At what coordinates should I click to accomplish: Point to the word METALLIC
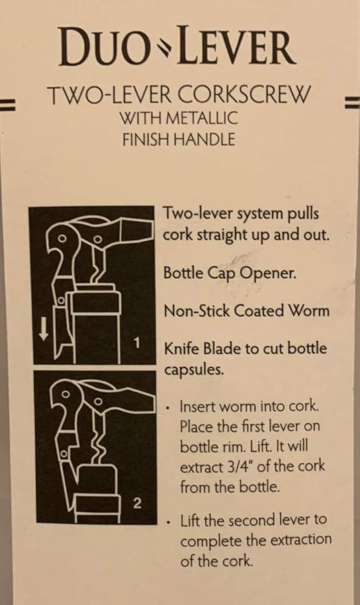coord(202,118)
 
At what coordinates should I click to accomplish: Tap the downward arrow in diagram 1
coord(43,330)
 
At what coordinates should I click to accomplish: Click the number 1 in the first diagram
coord(136,343)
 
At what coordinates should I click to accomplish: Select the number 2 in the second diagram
coord(137,503)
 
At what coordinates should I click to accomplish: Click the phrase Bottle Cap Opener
coord(231,273)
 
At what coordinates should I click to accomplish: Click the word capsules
coord(194,370)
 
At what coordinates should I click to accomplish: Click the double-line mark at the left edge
coord(8,105)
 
